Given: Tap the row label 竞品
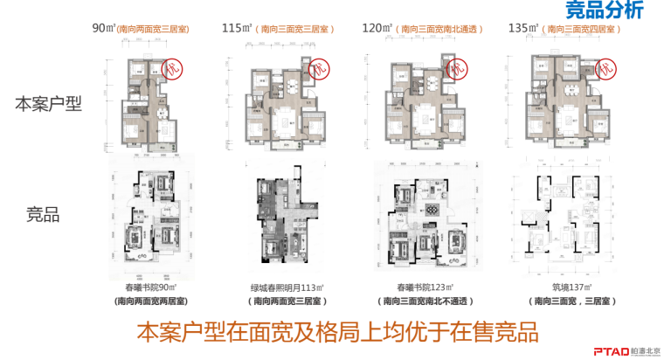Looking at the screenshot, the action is pyautogui.click(x=49, y=215).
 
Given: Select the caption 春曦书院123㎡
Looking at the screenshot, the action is pyautogui.click(x=423, y=287).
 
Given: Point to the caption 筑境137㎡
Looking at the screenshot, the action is pyautogui.click(x=569, y=287).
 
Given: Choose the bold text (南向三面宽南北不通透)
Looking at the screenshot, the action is pyautogui.click(x=423, y=301).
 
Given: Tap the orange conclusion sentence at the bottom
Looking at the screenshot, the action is pyautogui.click(x=335, y=332).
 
